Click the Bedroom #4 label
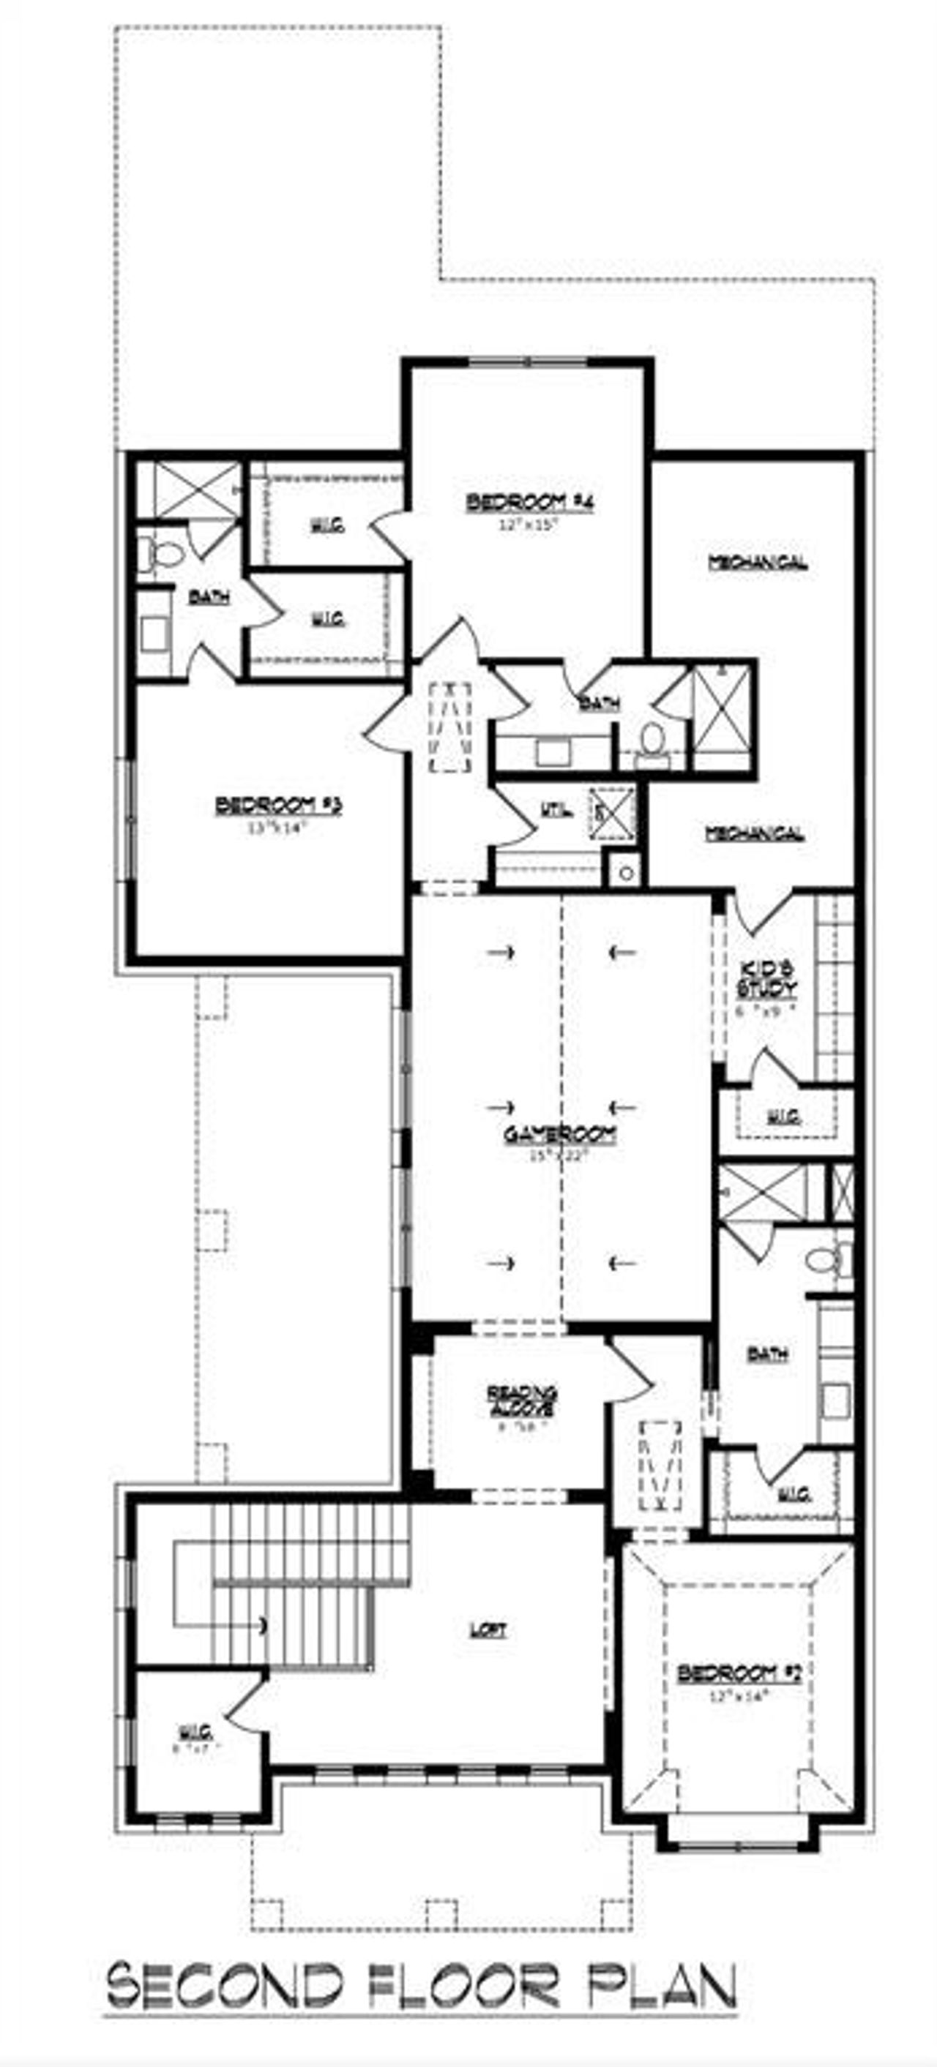(x=530, y=503)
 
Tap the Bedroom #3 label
(x=278, y=804)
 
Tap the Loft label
(x=488, y=1629)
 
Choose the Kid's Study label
(x=766, y=978)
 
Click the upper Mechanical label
(x=757, y=562)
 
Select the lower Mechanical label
(x=754, y=833)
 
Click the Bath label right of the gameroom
(x=766, y=1354)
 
